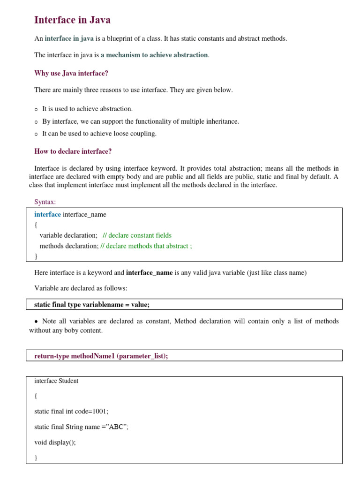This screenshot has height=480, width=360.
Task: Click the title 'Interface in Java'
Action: (x=72, y=20)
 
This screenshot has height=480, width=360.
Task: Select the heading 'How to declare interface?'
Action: (x=73, y=151)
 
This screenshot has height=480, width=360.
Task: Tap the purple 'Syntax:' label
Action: (x=45, y=202)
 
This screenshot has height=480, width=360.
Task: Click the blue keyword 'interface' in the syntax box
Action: (x=47, y=215)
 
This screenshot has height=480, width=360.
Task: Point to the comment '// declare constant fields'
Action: (x=137, y=235)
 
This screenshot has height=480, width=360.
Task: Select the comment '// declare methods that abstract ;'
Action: (x=146, y=246)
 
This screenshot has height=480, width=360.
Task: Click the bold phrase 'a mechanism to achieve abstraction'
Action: (x=154, y=55)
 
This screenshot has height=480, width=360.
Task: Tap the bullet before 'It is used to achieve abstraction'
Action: (x=36, y=109)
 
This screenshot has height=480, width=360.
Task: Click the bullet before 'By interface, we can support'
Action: (x=36, y=122)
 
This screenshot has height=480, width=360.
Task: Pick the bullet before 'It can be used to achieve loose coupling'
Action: (x=36, y=134)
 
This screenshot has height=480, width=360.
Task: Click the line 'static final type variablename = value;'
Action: (x=92, y=305)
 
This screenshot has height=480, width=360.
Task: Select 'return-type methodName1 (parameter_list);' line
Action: (x=101, y=356)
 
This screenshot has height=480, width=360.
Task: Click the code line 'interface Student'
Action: (x=56, y=381)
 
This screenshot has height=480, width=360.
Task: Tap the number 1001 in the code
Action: (x=99, y=412)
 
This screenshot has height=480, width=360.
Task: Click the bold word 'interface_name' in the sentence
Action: (x=150, y=273)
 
